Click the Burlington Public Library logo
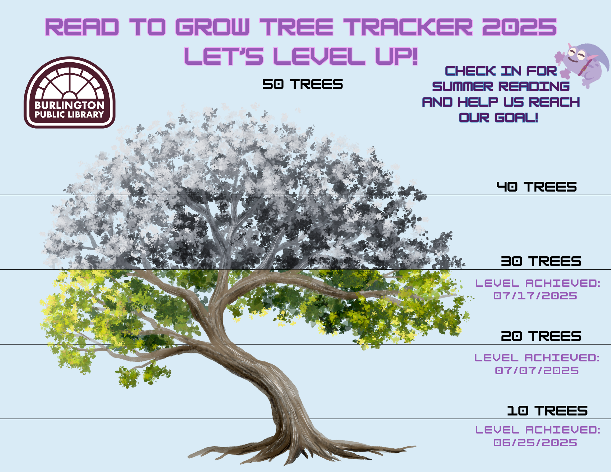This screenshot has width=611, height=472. [70, 92]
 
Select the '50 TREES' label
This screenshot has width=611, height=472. [302, 84]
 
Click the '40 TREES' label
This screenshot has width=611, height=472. [536, 187]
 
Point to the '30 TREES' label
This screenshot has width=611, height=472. [541, 261]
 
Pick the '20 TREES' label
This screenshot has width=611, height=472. [541, 336]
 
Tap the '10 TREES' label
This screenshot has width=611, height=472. [547, 411]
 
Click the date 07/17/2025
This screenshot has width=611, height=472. [535, 296]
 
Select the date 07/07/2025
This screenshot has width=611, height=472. [537, 371]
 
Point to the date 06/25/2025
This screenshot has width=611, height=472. [535, 443]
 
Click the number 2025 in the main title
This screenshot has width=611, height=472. [520, 27]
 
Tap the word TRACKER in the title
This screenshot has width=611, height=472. [408, 27]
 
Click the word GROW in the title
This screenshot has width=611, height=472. [213, 27]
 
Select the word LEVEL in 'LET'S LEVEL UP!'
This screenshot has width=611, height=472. [319, 56]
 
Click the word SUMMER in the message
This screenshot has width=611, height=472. [463, 86]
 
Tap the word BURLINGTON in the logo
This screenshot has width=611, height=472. [70, 105]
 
